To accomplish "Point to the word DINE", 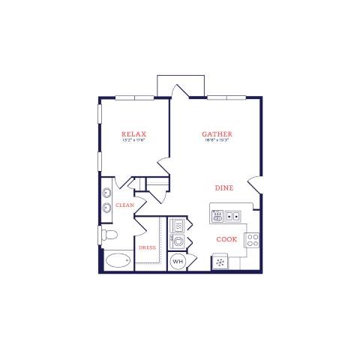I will (223, 188).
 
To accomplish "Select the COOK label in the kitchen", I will (226, 239).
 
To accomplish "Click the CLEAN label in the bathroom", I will (124, 205).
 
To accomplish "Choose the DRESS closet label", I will (147, 247).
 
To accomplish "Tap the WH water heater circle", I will (178, 262).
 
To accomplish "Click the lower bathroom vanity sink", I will (106, 210).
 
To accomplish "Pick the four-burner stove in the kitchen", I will (253, 240).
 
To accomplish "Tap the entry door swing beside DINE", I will (255, 184).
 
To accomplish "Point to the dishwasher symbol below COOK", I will (222, 262).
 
